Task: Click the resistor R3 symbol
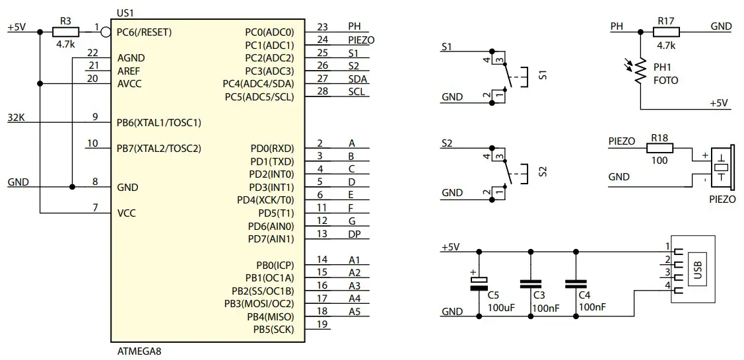click(x=65, y=32)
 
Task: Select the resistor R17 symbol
click(x=666, y=32)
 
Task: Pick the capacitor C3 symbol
click(x=530, y=284)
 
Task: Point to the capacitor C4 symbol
click(x=576, y=284)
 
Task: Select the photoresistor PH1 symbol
click(x=640, y=73)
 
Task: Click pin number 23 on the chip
click(x=322, y=27)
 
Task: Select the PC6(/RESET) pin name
click(x=144, y=32)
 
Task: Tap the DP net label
click(x=355, y=233)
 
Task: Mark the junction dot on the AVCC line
click(x=41, y=84)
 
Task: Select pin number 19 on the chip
click(x=322, y=324)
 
